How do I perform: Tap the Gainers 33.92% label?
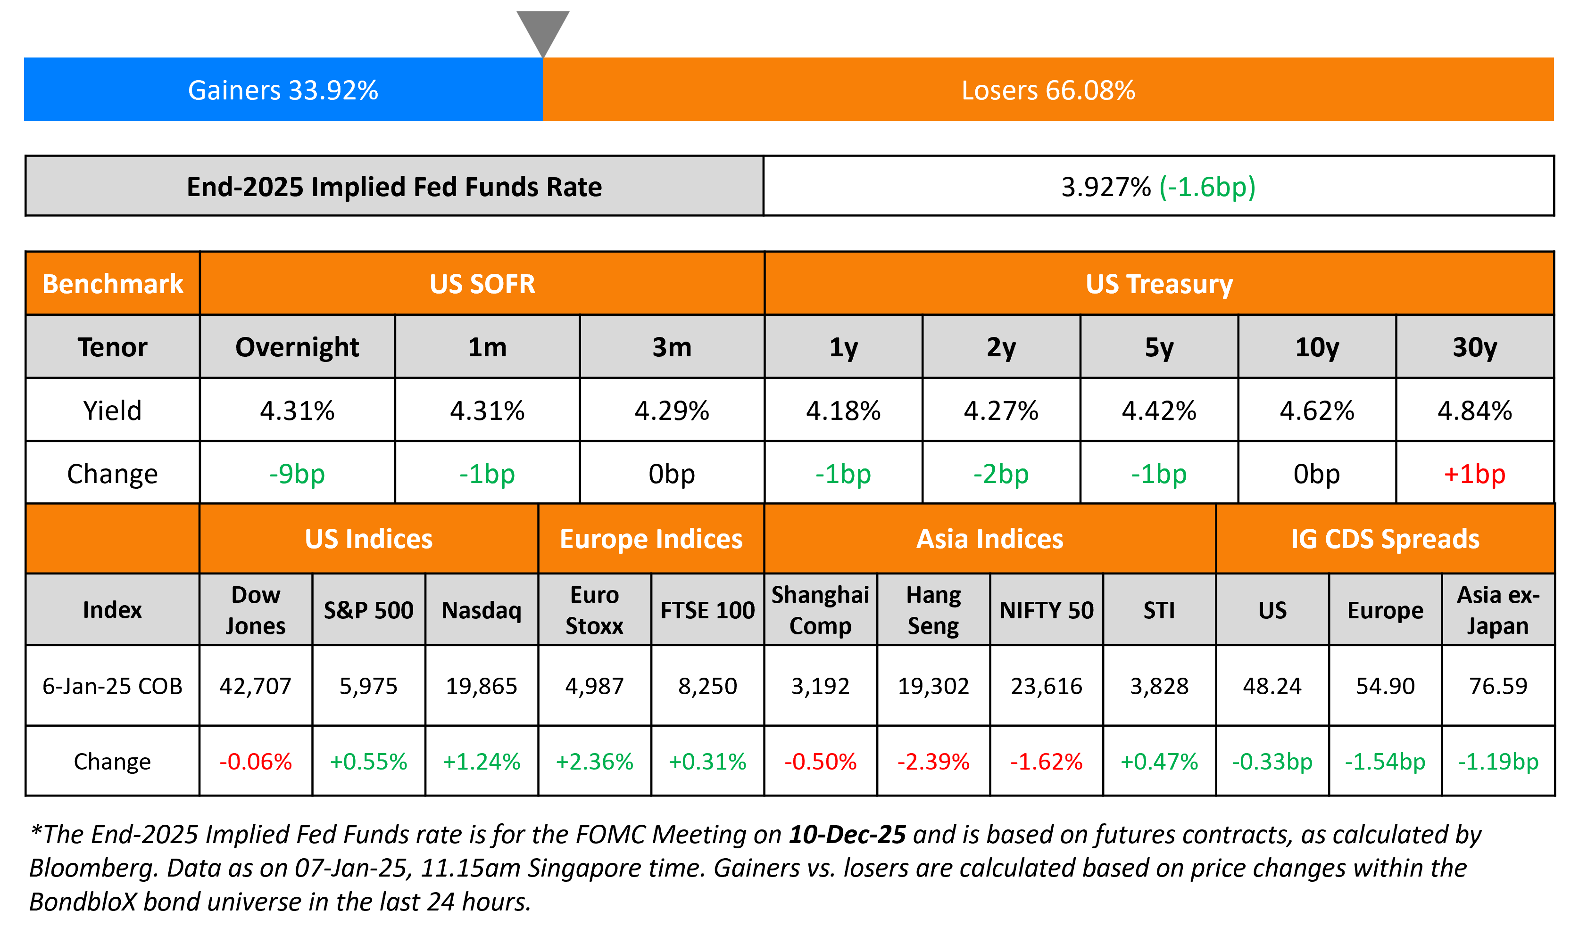point(283,90)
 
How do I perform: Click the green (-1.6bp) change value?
point(1207,187)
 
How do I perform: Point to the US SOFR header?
point(482,284)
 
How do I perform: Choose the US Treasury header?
point(1159,284)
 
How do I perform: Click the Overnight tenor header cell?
point(297,347)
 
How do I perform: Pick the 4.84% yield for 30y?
point(1474,411)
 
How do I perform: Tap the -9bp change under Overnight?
point(297,474)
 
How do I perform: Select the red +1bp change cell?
point(1474,474)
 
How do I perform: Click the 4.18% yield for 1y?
point(843,411)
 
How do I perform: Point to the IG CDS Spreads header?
point(1385,539)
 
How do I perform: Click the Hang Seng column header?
point(933,610)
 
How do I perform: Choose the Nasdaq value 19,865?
point(482,686)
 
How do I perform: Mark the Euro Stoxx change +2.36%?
point(594,762)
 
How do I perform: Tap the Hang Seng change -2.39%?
point(933,762)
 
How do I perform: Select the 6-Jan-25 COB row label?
point(112,686)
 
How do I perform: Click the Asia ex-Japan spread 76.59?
point(1498,686)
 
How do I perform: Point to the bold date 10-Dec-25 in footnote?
point(847,834)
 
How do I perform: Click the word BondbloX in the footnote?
point(83,902)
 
